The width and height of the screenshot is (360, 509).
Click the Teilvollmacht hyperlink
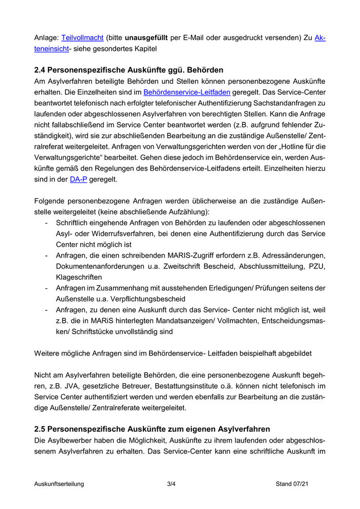pyautogui.click(x=82, y=38)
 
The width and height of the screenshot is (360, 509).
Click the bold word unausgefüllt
pyautogui.click(x=146, y=38)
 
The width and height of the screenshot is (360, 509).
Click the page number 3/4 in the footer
pyautogui.click(x=172, y=484)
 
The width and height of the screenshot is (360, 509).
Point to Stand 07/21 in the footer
pyautogui.click(x=292, y=484)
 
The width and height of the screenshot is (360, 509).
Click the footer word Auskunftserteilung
pyautogui.click(x=59, y=484)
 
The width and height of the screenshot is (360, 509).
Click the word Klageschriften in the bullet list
pyautogui.click(x=79, y=277)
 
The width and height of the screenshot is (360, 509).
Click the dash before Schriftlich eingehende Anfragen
pyautogui.click(x=47, y=222)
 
